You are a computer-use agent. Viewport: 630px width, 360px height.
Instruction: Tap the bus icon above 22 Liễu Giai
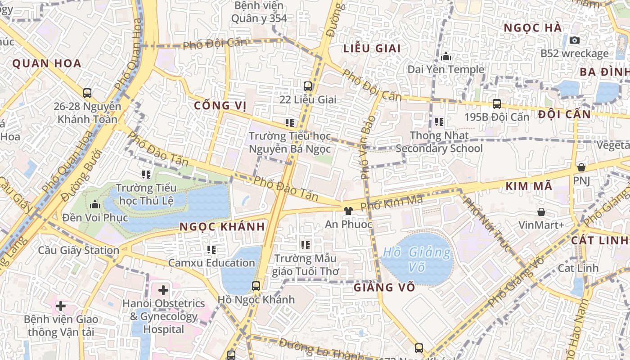[x=308, y=86]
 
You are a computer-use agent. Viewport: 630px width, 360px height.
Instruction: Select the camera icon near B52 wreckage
[x=574, y=40]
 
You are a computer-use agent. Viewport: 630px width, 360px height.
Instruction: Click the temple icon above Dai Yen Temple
[x=446, y=56]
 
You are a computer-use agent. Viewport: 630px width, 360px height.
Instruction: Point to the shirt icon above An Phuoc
[x=348, y=210]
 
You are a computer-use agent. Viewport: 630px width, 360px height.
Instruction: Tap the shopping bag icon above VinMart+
[x=541, y=211]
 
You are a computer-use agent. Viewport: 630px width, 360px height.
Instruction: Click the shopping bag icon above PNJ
[x=581, y=167]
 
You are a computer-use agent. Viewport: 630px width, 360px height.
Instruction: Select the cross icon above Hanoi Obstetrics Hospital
[x=163, y=290]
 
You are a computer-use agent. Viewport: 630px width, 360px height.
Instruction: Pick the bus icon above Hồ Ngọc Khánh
[x=256, y=286]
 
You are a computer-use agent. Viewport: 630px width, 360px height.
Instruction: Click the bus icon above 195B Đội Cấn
[x=497, y=104]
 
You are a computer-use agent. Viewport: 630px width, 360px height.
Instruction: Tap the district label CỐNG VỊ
[x=220, y=106]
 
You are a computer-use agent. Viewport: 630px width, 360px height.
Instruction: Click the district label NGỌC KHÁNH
[x=222, y=227]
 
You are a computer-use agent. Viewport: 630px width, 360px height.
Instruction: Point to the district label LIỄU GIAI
[x=372, y=49]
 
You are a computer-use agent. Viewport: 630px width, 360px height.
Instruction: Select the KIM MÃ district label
[x=528, y=186]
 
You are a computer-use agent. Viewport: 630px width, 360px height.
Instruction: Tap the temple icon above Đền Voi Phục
[x=95, y=205]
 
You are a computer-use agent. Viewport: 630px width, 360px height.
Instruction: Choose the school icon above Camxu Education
[x=211, y=249]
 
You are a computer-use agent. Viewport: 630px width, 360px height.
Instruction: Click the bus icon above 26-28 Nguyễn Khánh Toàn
[x=87, y=93]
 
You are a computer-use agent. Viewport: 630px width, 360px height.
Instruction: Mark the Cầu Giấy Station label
[x=79, y=250]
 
